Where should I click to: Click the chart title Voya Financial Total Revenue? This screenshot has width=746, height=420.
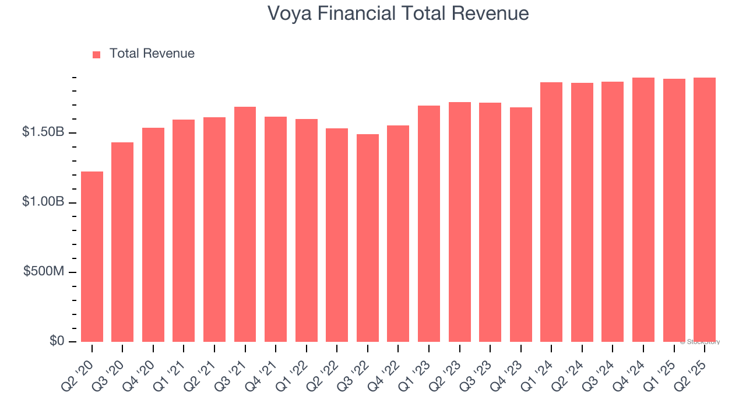(398, 13)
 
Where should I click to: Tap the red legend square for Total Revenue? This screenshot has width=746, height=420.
(97, 54)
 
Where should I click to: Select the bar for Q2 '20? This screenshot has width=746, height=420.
(92, 257)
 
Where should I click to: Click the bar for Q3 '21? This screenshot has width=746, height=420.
(245, 225)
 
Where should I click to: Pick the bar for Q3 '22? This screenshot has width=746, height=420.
(367, 238)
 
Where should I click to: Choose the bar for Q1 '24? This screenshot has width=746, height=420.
(551, 212)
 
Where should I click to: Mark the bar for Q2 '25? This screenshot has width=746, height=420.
(704, 210)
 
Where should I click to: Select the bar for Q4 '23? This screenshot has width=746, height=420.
(520, 225)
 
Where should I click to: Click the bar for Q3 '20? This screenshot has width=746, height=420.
(122, 242)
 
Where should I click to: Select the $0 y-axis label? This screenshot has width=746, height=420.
(57, 341)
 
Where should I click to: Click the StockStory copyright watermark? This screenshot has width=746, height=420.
(700, 342)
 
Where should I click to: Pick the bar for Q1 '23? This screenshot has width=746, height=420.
(428, 223)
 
